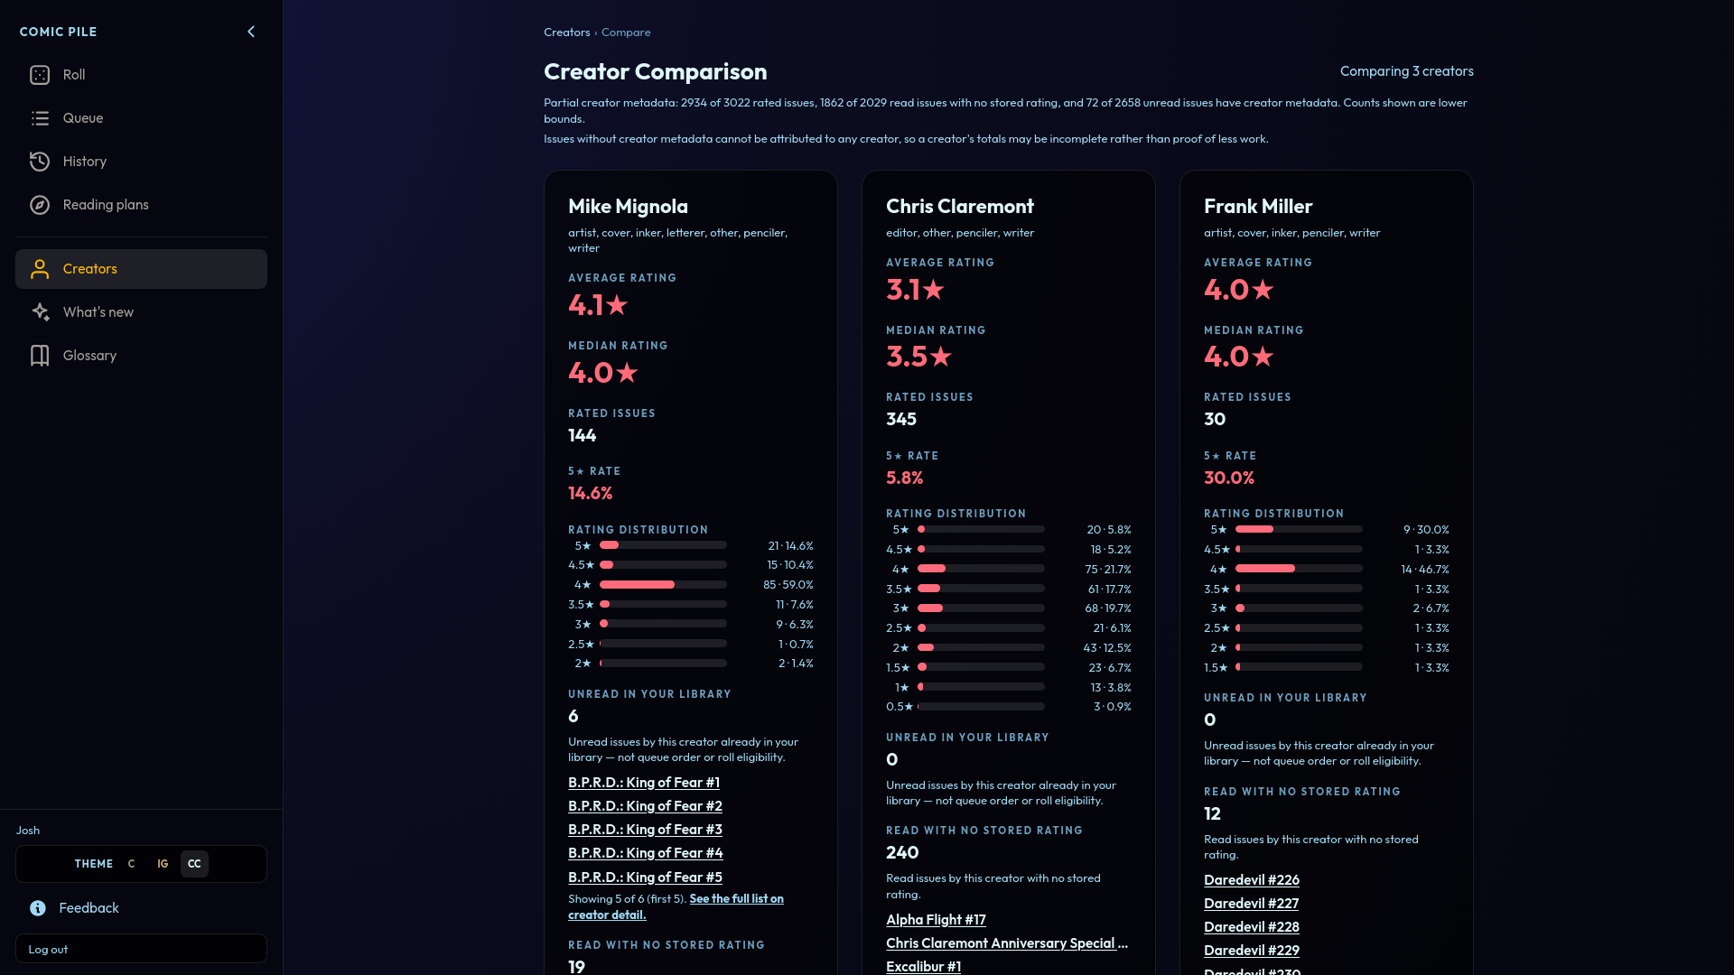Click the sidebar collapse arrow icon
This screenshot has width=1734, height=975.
251,32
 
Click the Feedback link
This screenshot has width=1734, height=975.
89,908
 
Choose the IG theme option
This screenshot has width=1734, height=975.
163,864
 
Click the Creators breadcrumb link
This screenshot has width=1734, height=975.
566,32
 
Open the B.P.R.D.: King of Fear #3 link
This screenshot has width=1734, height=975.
645,830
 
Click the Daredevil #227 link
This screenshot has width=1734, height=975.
1251,904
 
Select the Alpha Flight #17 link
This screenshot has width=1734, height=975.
936,920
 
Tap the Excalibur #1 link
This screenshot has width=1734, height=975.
923,967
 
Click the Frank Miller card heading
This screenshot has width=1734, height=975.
1258,207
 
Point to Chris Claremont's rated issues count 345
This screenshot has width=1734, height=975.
901,420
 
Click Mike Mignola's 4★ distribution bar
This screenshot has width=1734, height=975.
663,585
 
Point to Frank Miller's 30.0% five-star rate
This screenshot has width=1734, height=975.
1229,478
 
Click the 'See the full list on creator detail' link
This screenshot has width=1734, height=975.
676,907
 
